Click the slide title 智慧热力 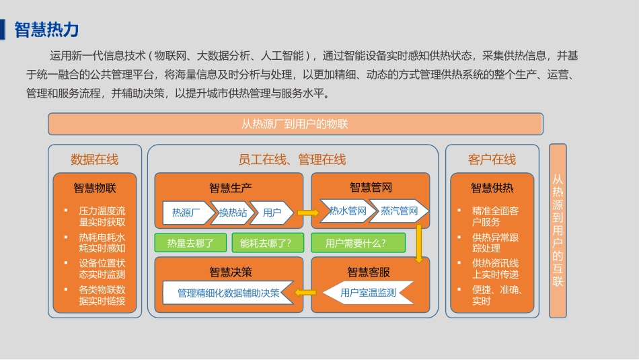coord(46,30)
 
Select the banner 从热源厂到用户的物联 coord(295,124)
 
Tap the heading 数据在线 coord(94,159)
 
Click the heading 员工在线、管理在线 coord(292,159)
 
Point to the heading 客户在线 coord(492,159)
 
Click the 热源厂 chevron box coord(186,213)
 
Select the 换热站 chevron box coord(233,213)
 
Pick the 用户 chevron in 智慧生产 coord(272,213)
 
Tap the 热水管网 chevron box coord(347,211)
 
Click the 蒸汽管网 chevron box coord(399,211)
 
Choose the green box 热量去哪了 coord(190,243)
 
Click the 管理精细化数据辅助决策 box coord(228,293)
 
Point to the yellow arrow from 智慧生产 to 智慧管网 coord(307,213)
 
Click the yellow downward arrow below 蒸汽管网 coord(419,243)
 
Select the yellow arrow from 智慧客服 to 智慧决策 coord(306,293)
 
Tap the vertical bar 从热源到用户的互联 coord(558,230)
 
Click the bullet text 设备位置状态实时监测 coord(102,268)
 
